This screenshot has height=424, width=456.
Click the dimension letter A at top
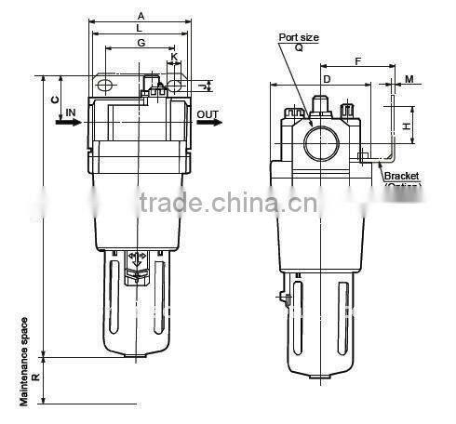tap(140, 16)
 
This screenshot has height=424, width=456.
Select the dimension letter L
tap(140, 30)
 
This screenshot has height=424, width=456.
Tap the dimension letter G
tap(141, 44)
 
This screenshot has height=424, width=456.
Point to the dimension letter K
tap(174, 57)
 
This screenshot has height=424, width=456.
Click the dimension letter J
tap(203, 86)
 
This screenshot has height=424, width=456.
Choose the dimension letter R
tap(34, 378)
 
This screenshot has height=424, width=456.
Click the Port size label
tap(299, 37)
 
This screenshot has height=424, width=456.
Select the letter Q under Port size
tap(299, 46)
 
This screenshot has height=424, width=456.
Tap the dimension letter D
tap(326, 80)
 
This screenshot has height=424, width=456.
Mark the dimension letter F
tap(358, 62)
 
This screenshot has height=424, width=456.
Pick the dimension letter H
tap(407, 124)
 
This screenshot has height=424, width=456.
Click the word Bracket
tap(402, 174)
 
